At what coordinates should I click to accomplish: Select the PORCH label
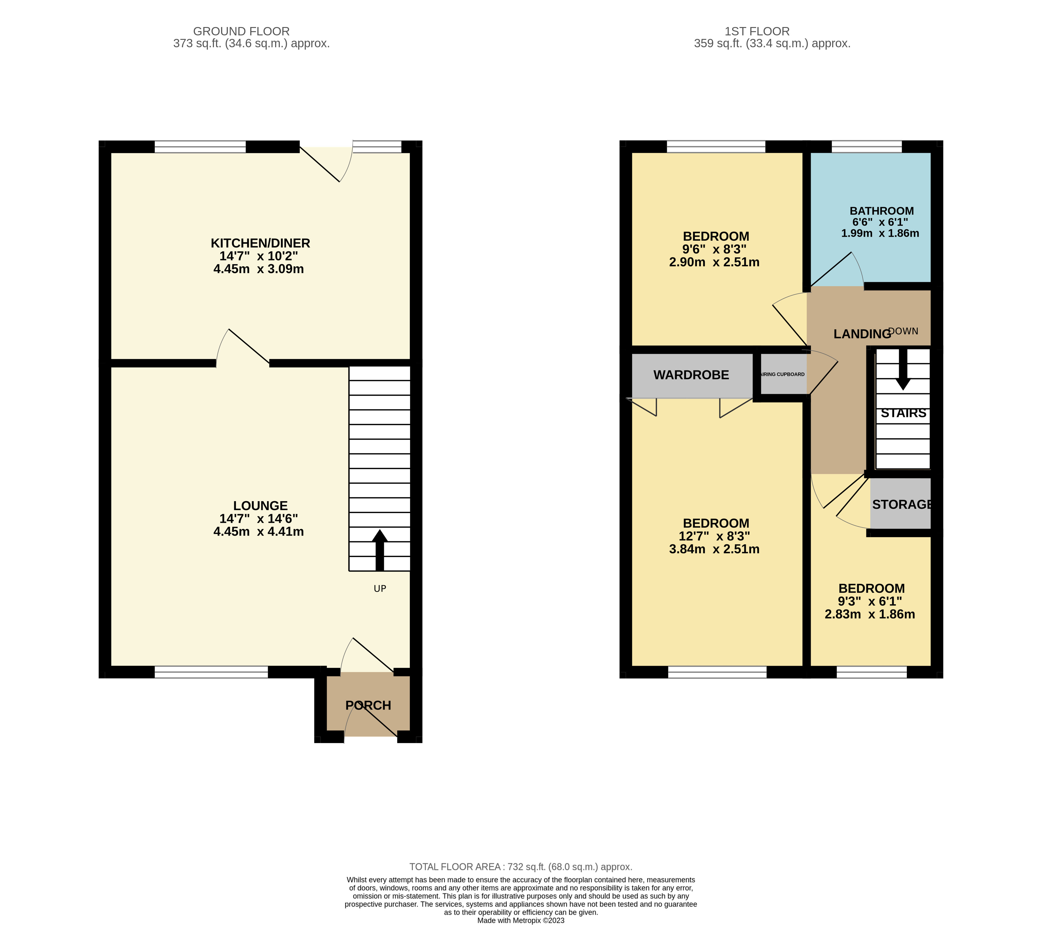click(368, 706)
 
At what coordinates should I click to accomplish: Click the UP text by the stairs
click(380, 589)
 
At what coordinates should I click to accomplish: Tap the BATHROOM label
click(882, 211)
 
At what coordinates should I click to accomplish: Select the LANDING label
click(862, 334)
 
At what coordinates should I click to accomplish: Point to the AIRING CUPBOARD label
click(783, 374)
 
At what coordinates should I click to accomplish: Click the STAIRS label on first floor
click(903, 413)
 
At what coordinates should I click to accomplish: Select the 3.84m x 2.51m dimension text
click(714, 549)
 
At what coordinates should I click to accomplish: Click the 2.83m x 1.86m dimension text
click(870, 614)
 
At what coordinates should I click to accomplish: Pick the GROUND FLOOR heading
click(241, 32)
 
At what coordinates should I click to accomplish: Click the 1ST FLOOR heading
click(757, 32)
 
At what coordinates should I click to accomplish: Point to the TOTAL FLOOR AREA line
click(521, 867)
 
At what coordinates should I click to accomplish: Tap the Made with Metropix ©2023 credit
click(521, 921)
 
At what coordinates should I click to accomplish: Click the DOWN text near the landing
click(903, 331)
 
